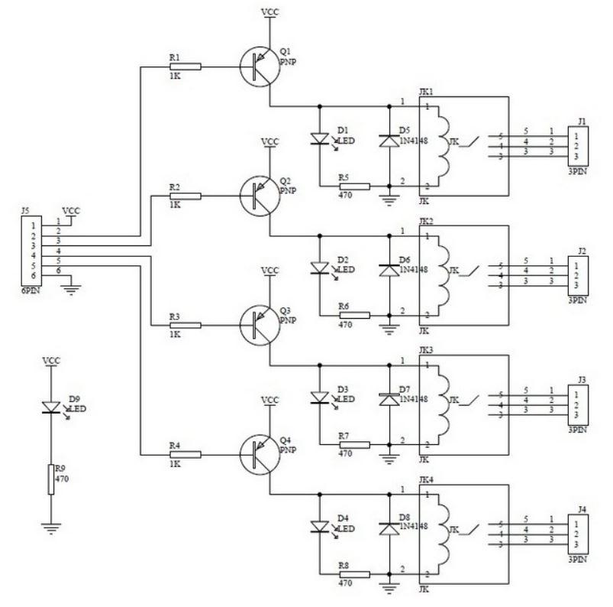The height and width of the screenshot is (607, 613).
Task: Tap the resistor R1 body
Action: pos(186,67)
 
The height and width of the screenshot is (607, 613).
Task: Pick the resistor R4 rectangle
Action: pos(186,453)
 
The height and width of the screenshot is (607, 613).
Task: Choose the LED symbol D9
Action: pos(51,408)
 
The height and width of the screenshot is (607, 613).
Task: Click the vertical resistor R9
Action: pos(51,479)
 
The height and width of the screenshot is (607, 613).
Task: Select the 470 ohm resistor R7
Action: pos(354,443)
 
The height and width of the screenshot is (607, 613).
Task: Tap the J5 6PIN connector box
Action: pos(31,248)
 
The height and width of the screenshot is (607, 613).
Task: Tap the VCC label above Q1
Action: pos(269,12)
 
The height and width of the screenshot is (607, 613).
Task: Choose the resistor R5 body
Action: pos(354,186)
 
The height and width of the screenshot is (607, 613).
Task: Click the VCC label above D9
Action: pos(51,360)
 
